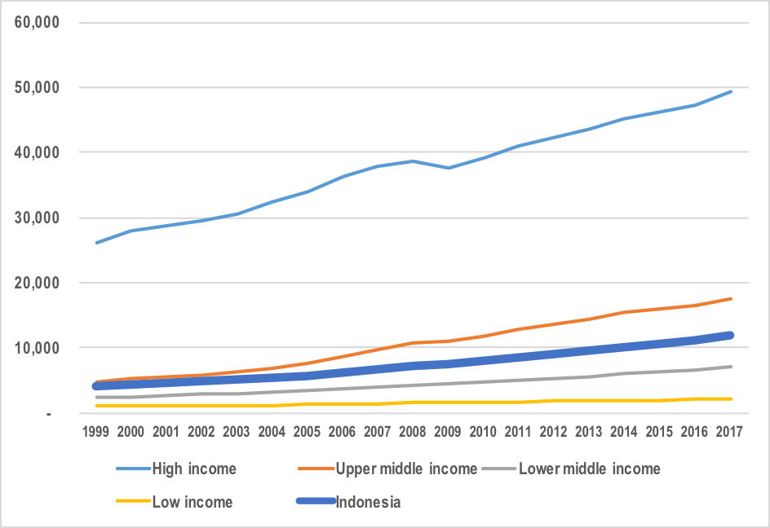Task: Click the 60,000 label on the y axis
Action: pyautogui.click(x=38, y=22)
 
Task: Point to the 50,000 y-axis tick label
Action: pyautogui.click(x=38, y=87)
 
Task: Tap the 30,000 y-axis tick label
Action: pyautogui.click(x=38, y=218)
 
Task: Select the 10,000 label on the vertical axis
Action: pyautogui.click(x=38, y=348)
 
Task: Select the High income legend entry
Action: pyautogui.click(x=193, y=469)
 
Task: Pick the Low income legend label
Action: pyautogui.click(x=192, y=502)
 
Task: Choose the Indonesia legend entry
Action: pyautogui.click(x=368, y=502)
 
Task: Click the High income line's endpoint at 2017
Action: pyautogui.click(x=732, y=91)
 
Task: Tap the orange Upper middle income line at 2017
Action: pyautogui.click(x=732, y=298)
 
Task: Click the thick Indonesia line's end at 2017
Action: pyautogui.click(x=732, y=335)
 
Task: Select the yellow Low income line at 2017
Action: pyautogui.click(x=732, y=398)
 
